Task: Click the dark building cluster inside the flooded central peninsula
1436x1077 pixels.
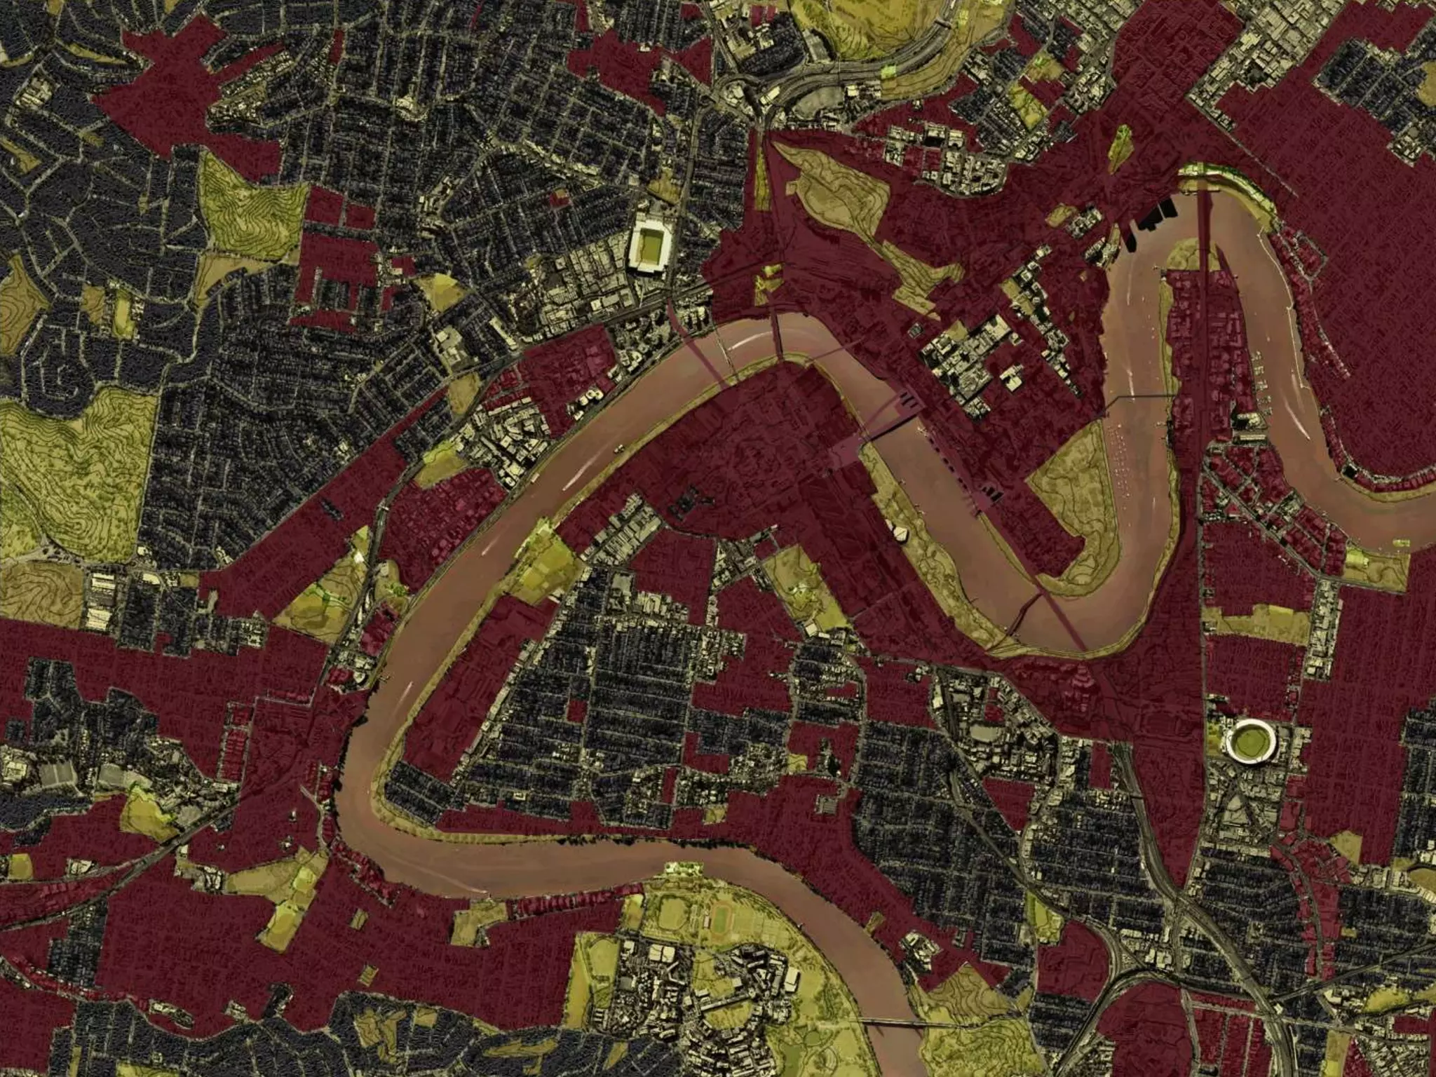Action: (688, 502)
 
